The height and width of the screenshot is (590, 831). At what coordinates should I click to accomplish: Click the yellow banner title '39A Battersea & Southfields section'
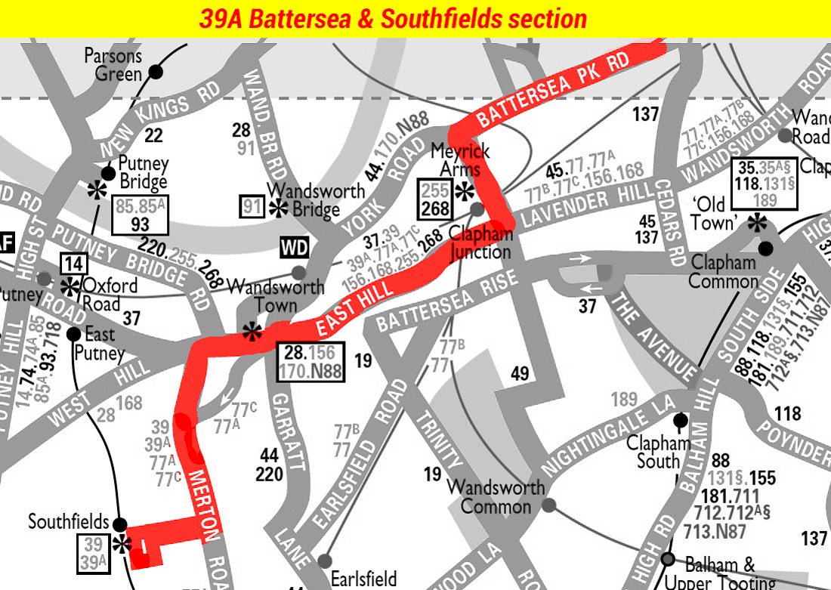pos(393,19)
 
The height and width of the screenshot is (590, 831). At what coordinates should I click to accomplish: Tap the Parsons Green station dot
pos(156,72)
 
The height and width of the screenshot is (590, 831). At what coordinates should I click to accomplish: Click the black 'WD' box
pos(295,248)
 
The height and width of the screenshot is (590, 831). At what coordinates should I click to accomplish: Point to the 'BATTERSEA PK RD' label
pos(553,91)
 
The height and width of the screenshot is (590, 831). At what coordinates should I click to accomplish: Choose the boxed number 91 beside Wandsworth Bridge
pos(252,206)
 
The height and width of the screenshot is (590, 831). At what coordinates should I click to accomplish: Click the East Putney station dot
pos(74,333)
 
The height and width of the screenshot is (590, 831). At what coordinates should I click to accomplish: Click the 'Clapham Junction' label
pos(481,242)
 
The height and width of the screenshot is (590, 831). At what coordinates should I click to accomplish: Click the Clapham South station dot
pos(680,419)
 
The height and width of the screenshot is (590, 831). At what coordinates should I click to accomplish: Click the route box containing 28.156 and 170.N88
pos(310,361)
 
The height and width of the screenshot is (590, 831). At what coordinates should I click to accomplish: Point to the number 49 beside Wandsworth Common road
pos(520,373)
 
